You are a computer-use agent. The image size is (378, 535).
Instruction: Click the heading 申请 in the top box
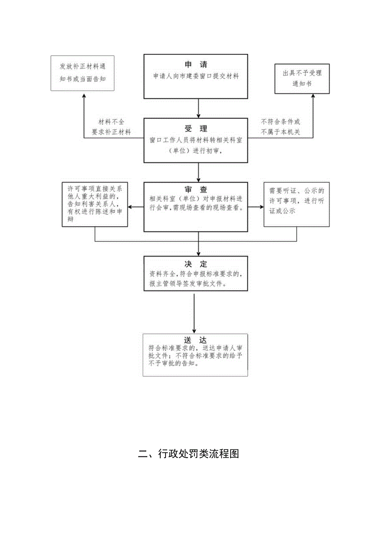pos(196,65)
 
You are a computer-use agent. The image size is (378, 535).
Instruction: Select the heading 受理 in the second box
pos(196,128)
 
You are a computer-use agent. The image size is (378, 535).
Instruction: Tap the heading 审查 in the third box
pos(196,189)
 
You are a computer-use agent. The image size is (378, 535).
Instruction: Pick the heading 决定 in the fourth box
pos(196,264)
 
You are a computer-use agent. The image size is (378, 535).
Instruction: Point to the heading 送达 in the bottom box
pos(195,340)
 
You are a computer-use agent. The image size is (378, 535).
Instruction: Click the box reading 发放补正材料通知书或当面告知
pos(83,72)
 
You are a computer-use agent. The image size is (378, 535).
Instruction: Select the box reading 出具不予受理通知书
pos(302,78)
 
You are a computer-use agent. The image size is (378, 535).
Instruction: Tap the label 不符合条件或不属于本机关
pos(280,127)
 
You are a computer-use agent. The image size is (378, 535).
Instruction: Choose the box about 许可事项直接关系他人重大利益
pos(95,204)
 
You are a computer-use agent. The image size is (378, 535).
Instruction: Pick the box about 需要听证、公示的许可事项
pos(296,204)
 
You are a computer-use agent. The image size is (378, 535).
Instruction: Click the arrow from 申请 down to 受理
pos(199,108)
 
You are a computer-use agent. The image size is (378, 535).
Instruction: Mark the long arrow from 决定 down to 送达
pos(194,313)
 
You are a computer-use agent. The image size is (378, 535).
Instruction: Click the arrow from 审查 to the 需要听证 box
pos(256,207)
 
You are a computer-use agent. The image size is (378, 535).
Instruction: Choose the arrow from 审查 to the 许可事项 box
pos(136,207)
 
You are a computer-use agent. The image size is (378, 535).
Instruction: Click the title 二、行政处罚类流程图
pos(189,454)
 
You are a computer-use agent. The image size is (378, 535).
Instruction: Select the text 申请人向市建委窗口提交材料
pos(196,76)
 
